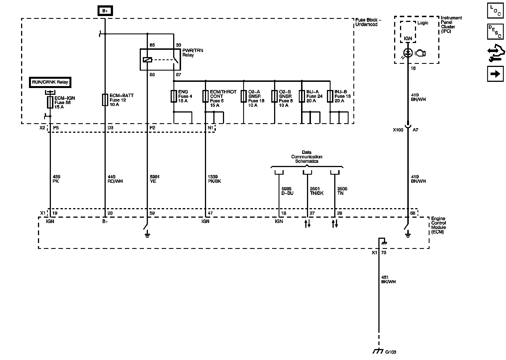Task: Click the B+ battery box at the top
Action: tap(105, 11)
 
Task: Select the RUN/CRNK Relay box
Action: tap(50, 82)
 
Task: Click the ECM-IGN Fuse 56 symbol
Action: tap(50, 102)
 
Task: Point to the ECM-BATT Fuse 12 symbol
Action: tap(105, 100)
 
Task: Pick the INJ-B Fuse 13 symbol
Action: tap(330, 96)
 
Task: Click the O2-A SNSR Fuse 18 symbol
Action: tap(243, 96)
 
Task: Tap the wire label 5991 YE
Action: tap(155, 179)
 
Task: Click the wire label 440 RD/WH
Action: tap(115, 179)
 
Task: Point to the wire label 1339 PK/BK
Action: tap(214, 179)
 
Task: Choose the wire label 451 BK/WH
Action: tap(388, 279)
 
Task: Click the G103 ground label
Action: tap(390, 352)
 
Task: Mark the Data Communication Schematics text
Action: tap(306, 157)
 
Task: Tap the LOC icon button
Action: tap(495, 11)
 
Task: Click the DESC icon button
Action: tap(495, 31)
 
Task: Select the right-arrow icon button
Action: tap(495, 74)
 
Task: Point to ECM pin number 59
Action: tap(152, 213)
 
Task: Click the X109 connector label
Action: tap(398, 130)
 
